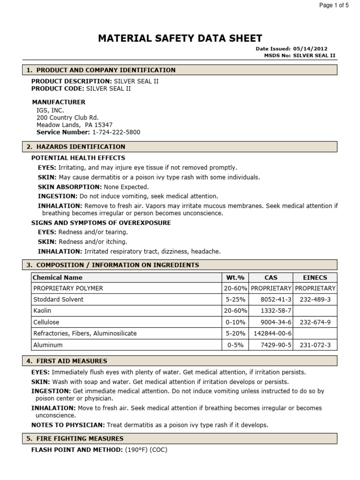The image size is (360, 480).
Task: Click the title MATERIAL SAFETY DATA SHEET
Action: pyautogui.click(x=180, y=38)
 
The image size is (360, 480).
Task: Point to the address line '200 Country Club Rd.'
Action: pyautogui.click(x=67, y=118)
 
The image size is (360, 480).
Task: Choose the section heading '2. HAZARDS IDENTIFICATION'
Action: pyautogui.click(x=76, y=147)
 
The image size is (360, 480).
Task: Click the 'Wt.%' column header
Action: pyautogui.click(x=235, y=277)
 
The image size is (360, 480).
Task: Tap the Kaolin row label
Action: pyautogui.click(x=42, y=311)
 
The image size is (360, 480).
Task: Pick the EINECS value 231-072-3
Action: pyautogui.click(x=315, y=345)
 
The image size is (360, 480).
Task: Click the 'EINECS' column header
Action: pyautogui.click(x=315, y=277)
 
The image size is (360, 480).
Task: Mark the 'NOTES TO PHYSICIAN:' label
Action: pyautogui.click(x=68, y=425)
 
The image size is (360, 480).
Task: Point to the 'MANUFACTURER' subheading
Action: pyautogui.click(x=59, y=102)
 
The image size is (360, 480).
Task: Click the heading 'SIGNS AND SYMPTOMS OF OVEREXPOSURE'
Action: pyautogui.click(x=101, y=223)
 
